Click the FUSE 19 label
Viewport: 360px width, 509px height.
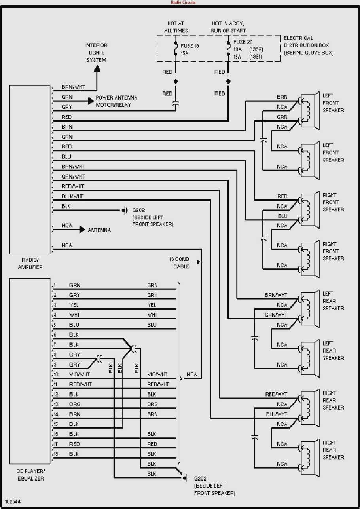pos(189,46)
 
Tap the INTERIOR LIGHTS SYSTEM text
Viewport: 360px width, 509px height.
pos(97,53)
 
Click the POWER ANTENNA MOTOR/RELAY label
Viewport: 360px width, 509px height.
pos(116,101)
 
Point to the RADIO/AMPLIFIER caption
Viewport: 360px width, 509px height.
pos(30,264)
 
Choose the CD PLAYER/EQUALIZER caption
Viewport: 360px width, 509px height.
pos(30,475)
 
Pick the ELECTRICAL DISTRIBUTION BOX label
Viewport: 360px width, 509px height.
pos(309,46)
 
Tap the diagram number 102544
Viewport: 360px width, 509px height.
pos(13,501)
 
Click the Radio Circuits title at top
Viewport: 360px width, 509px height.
pos(183,2)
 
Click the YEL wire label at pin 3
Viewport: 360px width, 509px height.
pos(74,305)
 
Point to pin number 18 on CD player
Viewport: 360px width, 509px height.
pos(56,454)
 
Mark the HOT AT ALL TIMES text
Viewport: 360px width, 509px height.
pos(176,27)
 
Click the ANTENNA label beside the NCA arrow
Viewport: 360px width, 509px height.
pos(99,230)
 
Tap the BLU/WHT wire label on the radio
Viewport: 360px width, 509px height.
pos(72,196)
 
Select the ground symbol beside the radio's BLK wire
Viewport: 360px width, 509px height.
pos(125,210)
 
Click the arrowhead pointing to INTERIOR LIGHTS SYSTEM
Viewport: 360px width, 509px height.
pos(97,68)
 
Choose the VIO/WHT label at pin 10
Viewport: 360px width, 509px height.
pos(79,374)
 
